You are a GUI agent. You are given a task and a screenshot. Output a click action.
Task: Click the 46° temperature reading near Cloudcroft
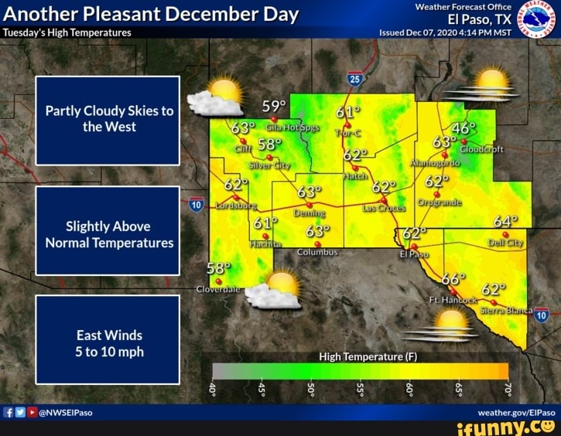pyautogui.click(x=464, y=128)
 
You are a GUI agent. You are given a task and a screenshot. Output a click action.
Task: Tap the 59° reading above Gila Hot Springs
pyautogui.click(x=273, y=106)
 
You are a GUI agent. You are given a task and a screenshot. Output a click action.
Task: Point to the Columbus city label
pyautogui.click(x=317, y=252)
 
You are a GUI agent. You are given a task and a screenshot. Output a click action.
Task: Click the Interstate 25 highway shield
pyautogui.click(x=354, y=79)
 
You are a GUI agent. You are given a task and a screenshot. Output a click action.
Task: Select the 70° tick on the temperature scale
pyautogui.click(x=508, y=388)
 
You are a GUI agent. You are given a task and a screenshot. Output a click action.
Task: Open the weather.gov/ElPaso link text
pyautogui.click(x=522, y=413)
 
